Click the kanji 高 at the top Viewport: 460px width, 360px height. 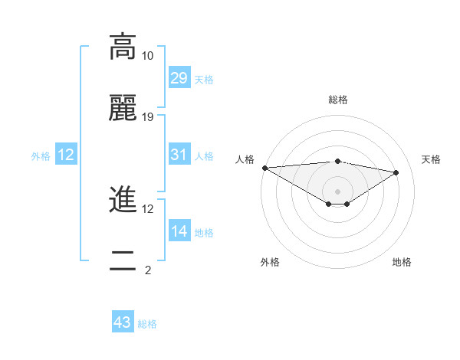(x=123, y=47)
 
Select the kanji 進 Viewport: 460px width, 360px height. (x=123, y=201)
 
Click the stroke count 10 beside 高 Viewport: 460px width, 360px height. (x=148, y=56)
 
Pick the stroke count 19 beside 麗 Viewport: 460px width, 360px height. (x=148, y=117)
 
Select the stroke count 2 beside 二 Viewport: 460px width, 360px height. (x=148, y=270)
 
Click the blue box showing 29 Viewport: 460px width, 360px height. (x=179, y=78)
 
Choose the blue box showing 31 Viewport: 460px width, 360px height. (x=179, y=155)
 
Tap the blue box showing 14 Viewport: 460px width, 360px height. (x=179, y=231)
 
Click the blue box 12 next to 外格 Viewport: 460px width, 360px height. (x=66, y=155)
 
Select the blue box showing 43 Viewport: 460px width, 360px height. (x=123, y=322)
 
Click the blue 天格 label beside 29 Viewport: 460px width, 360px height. (x=204, y=79)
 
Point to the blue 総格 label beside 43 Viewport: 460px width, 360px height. (x=147, y=324)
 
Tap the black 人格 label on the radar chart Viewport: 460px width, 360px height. (x=245, y=159)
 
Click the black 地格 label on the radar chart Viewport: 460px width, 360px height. (x=402, y=262)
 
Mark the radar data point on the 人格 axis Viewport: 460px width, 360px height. (x=264, y=168)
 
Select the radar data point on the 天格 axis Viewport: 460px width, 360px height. (x=396, y=172)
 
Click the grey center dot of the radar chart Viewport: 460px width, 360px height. (x=337, y=191)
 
